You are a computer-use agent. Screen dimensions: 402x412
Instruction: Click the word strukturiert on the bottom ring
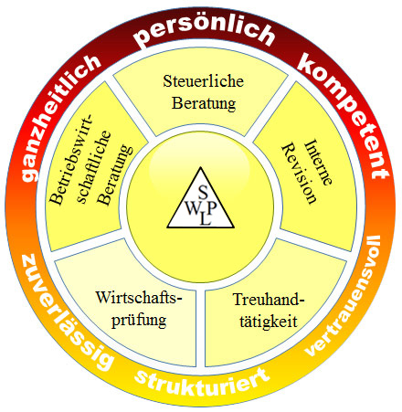pyautogui.click(x=202, y=383)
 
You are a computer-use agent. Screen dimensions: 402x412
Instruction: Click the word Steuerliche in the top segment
pyautogui.click(x=203, y=81)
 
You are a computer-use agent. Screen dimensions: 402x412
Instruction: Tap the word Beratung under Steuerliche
pyautogui.click(x=204, y=103)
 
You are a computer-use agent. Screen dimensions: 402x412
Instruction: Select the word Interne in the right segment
pyautogui.click(x=318, y=163)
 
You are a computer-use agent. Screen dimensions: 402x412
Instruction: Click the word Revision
pyautogui.click(x=299, y=174)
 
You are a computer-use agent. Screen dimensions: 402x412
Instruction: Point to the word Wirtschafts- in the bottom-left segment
pyautogui.click(x=139, y=298)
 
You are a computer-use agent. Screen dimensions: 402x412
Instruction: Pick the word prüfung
pyautogui.click(x=139, y=321)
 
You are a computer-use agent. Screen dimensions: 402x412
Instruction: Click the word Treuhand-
pyautogui.click(x=269, y=300)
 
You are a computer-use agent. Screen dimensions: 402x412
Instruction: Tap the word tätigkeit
pyautogui.click(x=269, y=322)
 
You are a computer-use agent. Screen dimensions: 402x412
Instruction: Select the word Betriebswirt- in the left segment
pyautogui.click(x=70, y=160)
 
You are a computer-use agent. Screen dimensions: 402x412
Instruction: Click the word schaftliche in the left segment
pyautogui.click(x=94, y=167)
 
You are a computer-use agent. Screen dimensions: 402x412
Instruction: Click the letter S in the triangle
pyautogui.click(x=203, y=192)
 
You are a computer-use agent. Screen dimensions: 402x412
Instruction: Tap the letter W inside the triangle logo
pyautogui.click(x=193, y=208)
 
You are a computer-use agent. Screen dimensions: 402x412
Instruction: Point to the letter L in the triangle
pyautogui.click(x=206, y=219)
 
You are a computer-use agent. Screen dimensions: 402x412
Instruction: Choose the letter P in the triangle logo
pyautogui.click(x=212, y=208)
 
